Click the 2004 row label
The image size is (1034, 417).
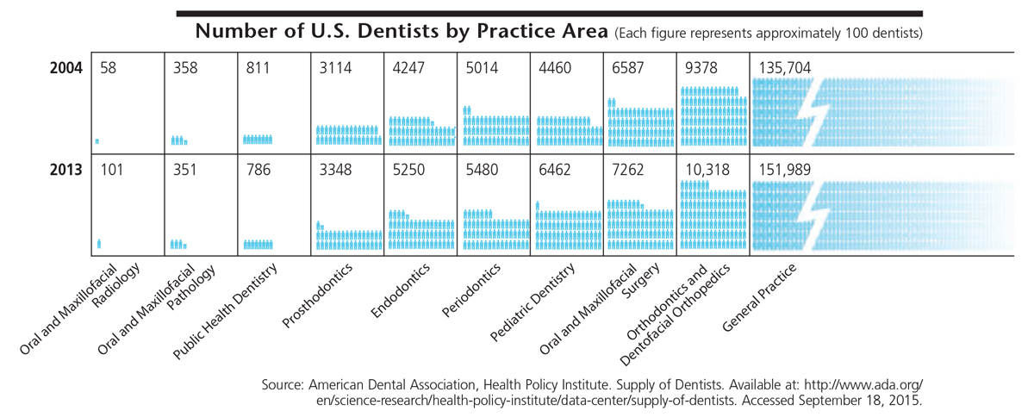65,68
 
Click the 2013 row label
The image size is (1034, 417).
65,171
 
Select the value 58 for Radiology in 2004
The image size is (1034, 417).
108,68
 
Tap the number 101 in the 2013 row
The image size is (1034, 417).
111,171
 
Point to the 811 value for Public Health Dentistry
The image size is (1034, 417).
258,68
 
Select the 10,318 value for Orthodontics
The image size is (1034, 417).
705,171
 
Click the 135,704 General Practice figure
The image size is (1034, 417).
784,68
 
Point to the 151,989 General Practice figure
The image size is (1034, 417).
784,171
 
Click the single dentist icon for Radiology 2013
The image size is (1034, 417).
99,244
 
